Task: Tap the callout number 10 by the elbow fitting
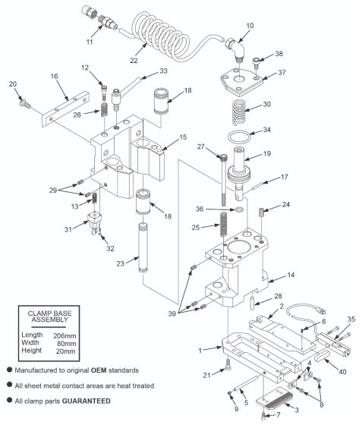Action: tap(250, 27)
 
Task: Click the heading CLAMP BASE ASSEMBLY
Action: tap(55, 315)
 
